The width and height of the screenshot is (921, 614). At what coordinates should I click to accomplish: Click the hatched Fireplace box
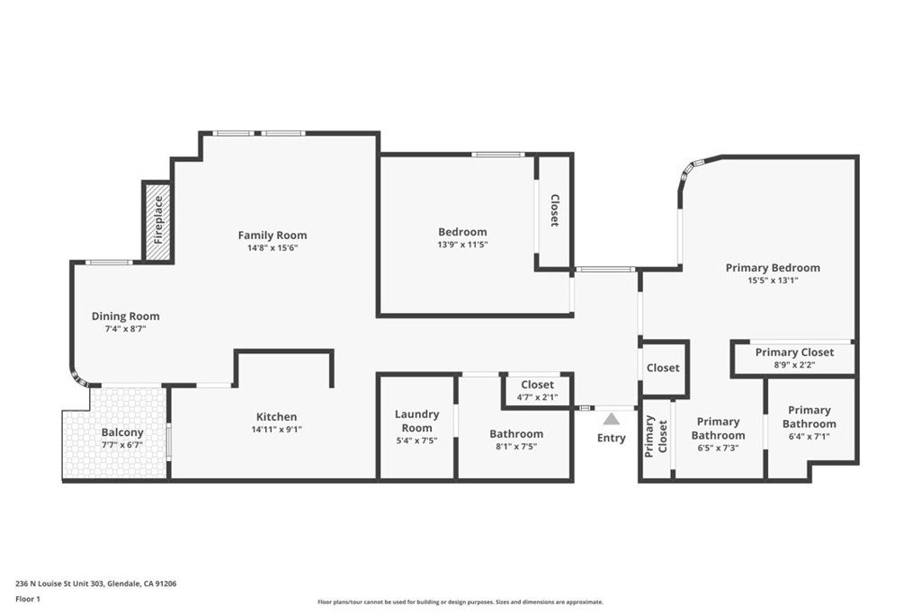[x=158, y=221]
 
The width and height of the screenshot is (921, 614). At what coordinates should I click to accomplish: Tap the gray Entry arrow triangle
[x=612, y=419]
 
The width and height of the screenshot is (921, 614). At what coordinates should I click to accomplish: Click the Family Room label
[x=273, y=235]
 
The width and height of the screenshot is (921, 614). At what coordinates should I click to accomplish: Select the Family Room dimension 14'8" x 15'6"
[x=273, y=248]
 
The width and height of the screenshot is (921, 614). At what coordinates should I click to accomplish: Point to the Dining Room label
[x=126, y=316]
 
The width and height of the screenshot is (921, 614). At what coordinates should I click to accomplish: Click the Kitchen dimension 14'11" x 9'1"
[x=277, y=429]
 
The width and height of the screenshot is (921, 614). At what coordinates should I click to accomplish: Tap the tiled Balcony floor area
[x=114, y=432]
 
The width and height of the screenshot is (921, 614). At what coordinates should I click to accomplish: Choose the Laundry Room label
[x=416, y=421]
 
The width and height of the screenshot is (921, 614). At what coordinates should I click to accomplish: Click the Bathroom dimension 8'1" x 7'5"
[x=516, y=446]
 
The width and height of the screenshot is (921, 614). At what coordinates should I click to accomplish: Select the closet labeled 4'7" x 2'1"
[x=538, y=390]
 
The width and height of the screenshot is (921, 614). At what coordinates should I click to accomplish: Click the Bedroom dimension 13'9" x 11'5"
[x=463, y=245]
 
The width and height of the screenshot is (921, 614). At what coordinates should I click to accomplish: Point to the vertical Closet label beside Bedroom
[x=554, y=210]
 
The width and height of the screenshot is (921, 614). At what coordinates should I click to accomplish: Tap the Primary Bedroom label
[x=773, y=268]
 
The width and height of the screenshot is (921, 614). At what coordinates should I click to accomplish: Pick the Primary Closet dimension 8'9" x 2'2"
[x=795, y=364]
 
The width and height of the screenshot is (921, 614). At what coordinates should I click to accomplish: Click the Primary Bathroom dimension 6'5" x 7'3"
[x=718, y=448]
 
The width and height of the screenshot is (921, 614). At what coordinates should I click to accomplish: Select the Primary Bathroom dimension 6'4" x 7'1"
[x=809, y=436]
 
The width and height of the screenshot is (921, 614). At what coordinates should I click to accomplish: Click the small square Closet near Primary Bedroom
[x=663, y=368]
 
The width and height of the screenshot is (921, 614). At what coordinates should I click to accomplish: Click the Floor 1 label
[x=28, y=600]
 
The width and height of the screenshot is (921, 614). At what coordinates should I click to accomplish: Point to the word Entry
[x=612, y=438]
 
